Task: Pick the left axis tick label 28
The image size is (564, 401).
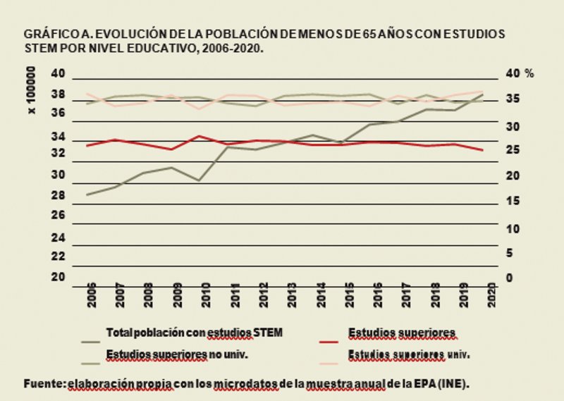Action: pyautogui.click(x=59, y=195)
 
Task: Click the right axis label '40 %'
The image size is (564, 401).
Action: pyautogui.click(x=520, y=73)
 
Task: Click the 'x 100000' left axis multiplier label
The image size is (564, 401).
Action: pyautogui.click(x=31, y=91)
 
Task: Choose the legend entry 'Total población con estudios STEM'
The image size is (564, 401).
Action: pyautogui.click(x=194, y=333)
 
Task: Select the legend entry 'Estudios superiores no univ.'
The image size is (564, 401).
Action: pyautogui.click(x=177, y=354)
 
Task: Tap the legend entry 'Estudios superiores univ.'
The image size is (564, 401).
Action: pyautogui.click(x=408, y=354)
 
